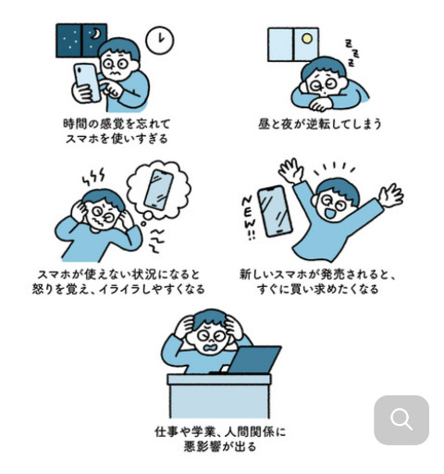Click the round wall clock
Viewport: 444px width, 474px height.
[x=160, y=40]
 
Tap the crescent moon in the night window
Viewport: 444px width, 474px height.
[x=96, y=33]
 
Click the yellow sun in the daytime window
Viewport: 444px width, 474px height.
[x=307, y=38]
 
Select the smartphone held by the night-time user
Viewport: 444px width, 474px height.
[x=87, y=81]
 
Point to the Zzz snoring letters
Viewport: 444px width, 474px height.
[x=351, y=53]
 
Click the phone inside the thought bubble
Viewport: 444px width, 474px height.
[x=158, y=190]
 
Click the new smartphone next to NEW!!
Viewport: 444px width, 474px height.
[x=274, y=211]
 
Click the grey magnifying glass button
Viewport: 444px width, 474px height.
[x=401, y=419]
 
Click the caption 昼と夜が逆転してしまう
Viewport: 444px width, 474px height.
[x=320, y=124]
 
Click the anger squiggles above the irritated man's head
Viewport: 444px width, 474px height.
[x=93, y=177]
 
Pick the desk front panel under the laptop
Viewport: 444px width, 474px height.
[x=219, y=401]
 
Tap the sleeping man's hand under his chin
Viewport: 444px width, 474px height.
[x=321, y=105]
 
